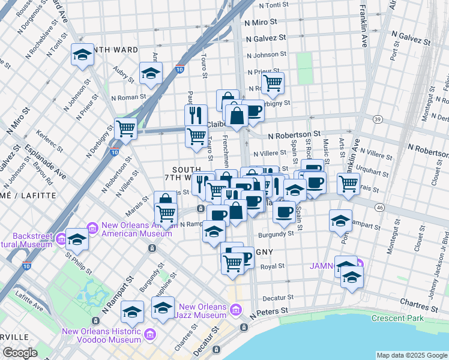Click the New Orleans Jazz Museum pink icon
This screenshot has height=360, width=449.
click(236, 310)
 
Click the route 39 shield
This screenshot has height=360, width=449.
click(377, 119)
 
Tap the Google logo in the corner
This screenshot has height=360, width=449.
click(20, 353)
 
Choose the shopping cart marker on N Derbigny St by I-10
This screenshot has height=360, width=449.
click(125, 127)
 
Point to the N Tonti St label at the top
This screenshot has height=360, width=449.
click(278, 5)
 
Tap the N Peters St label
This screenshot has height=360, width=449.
click(270, 312)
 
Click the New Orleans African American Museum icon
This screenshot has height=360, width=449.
click(92, 228)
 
